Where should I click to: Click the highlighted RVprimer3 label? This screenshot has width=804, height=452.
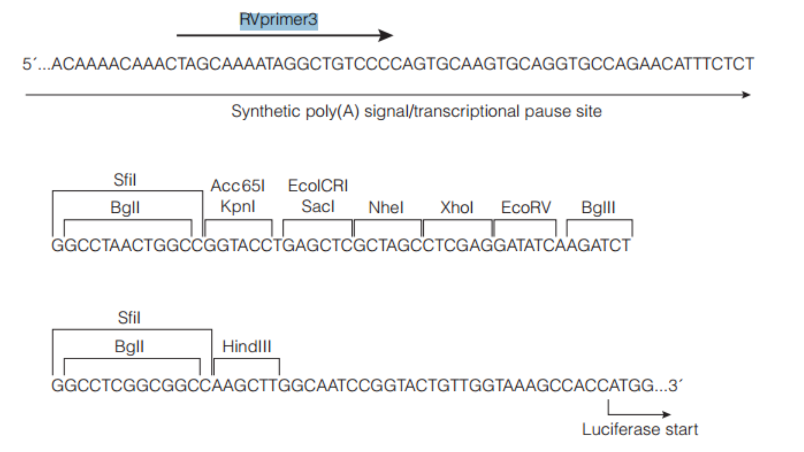click(278, 20)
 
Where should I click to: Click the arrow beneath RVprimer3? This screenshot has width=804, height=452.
click(284, 35)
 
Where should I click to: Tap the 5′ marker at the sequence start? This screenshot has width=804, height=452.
click(29, 64)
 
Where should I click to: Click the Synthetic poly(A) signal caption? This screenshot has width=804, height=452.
click(416, 111)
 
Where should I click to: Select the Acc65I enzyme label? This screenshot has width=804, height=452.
click(238, 186)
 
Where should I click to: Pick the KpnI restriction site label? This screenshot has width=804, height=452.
click(238, 206)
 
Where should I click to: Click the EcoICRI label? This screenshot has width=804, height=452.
click(318, 186)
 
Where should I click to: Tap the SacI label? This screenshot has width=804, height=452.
click(318, 206)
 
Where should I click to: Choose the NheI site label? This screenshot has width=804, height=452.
click(386, 207)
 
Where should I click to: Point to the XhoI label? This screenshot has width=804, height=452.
click(457, 207)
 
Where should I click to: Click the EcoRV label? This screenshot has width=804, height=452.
click(526, 207)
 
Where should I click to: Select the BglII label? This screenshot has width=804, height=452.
click(598, 207)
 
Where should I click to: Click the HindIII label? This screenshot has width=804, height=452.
click(246, 347)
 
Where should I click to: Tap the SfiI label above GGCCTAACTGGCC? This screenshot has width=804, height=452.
click(125, 180)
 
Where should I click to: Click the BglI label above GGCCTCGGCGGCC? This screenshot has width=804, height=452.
click(129, 347)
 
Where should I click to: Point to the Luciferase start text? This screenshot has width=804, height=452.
click(640, 429)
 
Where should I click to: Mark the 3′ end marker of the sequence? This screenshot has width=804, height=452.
click(675, 385)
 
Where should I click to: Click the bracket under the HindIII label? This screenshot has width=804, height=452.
click(246, 359)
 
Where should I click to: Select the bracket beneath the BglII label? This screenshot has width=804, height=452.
click(599, 221)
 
